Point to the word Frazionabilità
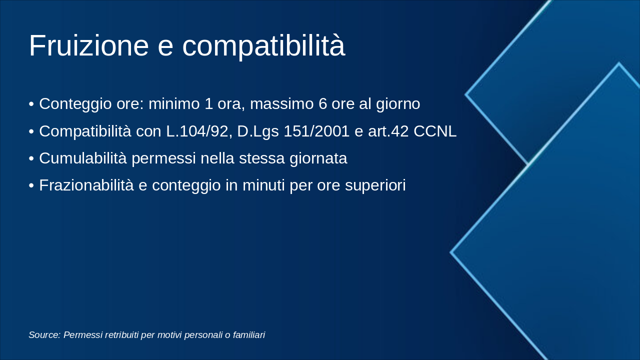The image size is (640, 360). pos(86,185)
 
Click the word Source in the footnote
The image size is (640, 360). pos(44,335)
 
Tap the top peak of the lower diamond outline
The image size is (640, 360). pos(618,63)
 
